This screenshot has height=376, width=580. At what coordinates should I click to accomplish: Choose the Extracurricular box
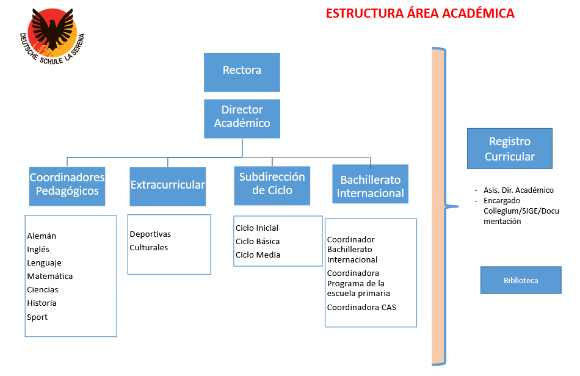coord(167,186)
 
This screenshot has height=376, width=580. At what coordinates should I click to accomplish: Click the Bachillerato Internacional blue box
coord(371,186)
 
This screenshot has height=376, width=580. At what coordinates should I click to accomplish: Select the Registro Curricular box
coord(509,148)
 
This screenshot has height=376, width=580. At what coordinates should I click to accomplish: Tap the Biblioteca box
coord(521,281)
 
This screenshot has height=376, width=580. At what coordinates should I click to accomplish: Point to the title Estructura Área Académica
coord(420,13)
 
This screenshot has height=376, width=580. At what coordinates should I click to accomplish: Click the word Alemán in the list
coord(42,236)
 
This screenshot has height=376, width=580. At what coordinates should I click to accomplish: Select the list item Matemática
coord(49,277)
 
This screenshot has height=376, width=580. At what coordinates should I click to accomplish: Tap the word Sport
coord(37,317)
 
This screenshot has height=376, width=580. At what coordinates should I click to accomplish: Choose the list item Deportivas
coord(150,234)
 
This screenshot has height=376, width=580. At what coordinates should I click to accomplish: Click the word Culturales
coord(148,248)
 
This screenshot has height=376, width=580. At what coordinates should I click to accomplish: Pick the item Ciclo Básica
coord(258,242)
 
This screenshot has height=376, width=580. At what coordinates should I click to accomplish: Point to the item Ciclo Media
coord(258,255)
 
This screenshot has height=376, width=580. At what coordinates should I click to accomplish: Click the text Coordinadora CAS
coord(361,308)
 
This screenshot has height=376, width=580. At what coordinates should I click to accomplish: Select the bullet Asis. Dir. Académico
coord(518,190)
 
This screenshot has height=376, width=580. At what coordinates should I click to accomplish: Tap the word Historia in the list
coord(42,303)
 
